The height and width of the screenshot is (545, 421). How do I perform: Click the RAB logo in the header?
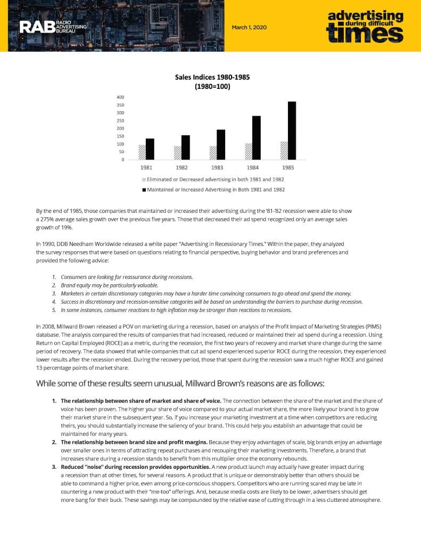pyautogui.click(x=53, y=27)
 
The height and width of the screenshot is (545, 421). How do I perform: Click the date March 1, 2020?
pyautogui.click(x=249, y=27)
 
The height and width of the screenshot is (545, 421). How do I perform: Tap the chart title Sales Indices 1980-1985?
pyautogui.click(x=212, y=77)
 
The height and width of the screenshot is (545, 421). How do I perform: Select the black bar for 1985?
pyautogui.click(x=292, y=130)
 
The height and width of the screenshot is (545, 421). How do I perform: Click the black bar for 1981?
pyautogui.click(x=150, y=149)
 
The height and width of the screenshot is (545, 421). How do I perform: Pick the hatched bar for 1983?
pyautogui.click(x=213, y=153)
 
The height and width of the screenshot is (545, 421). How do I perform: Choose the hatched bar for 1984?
pyautogui.click(x=249, y=151)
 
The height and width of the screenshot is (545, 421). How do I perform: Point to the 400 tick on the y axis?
pyautogui.click(x=120, y=97)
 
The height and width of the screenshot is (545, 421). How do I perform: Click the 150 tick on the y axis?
pyautogui.click(x=120, y=136)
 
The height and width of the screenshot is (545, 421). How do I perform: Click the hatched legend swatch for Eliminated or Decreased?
pyautogui.click(x=144, y=179)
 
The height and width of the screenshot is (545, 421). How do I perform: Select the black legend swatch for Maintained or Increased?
pyautogui.click(x=144, y=189)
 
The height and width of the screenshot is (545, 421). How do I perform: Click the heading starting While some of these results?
pyautogui.click(x=179, y=383)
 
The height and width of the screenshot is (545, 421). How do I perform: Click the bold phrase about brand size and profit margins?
pyautogui.click(x=134, y=442)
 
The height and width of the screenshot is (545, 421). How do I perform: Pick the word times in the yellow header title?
pyautogui.click(x=365, y=34)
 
